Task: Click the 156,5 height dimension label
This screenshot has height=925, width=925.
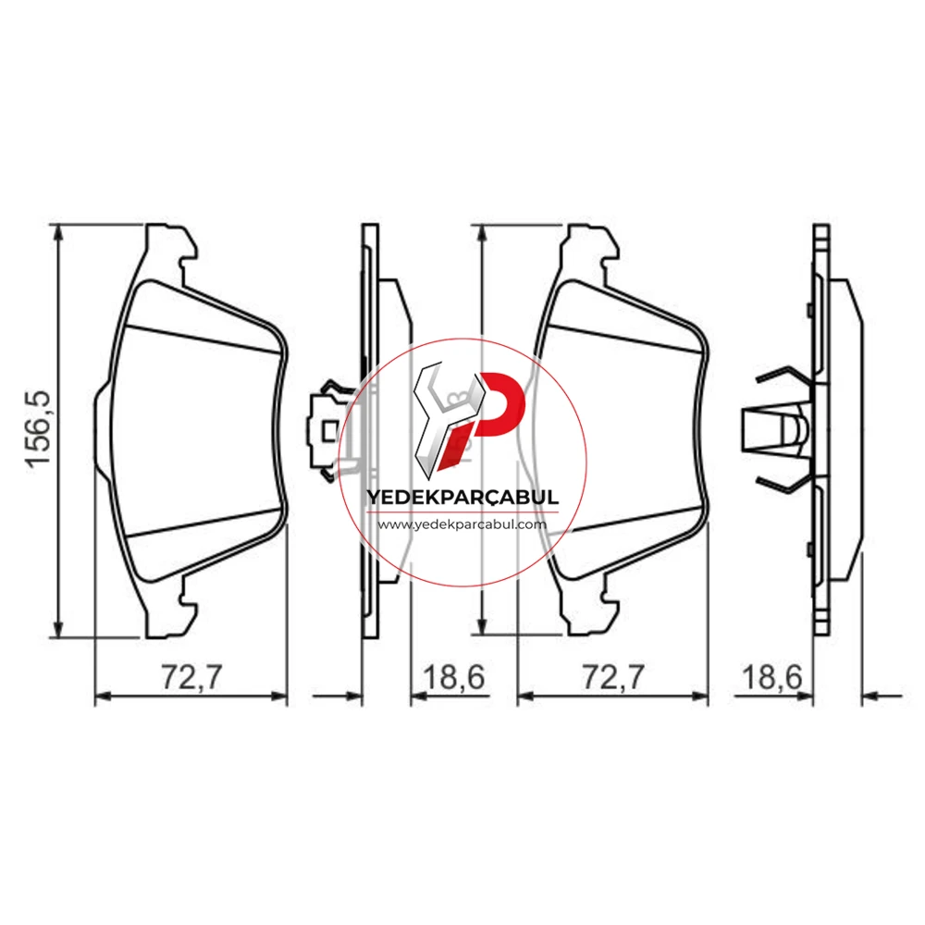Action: (39, 430)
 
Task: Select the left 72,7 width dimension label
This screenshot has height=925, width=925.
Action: (192, 677)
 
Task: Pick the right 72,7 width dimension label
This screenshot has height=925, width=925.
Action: (613, 677)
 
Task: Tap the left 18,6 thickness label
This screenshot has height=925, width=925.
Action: (454, 677)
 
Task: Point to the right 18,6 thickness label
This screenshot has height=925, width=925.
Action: (771, 677)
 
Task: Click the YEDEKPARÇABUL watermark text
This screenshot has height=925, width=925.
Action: (462, 497)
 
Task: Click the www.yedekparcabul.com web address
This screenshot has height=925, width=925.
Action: (462, 524)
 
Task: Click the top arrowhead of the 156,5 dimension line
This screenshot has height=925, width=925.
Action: (57, 232)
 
